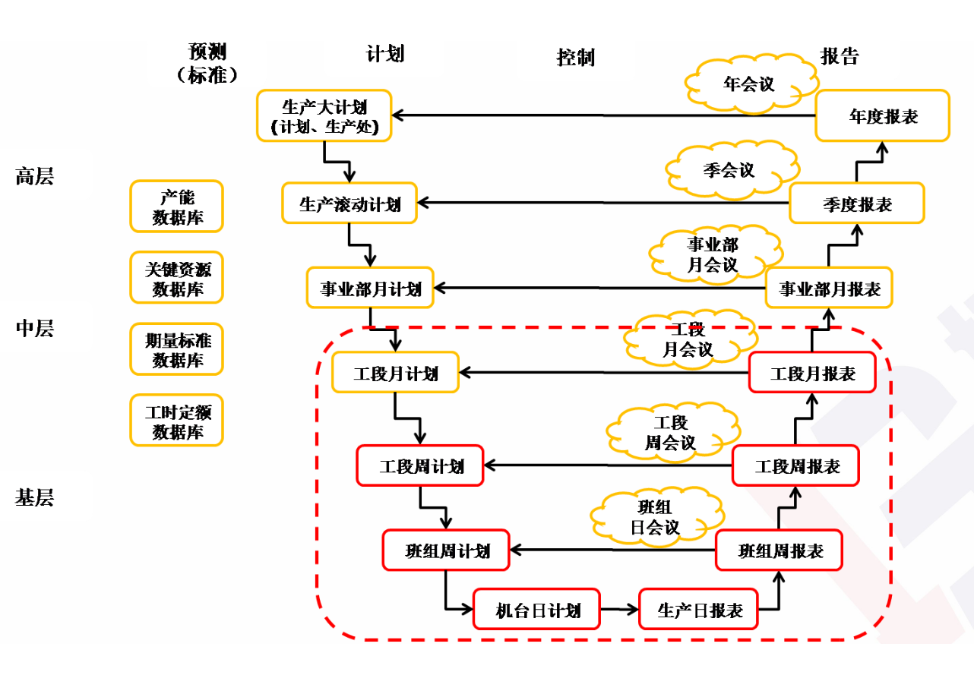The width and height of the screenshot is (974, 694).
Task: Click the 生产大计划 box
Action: pyautogui.click(x=324, y=115)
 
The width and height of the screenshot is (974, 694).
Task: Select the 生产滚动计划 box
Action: pyautogui.click(x=349, y=203)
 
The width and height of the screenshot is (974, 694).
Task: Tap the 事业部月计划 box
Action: pyautogui.click(x=370, y=288)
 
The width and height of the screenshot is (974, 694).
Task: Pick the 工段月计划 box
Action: pyautogui.click(x=395, y=373)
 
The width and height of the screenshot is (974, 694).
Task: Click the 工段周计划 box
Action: pyautogui.click(x=420, y=465)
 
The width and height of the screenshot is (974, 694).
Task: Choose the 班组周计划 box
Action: pyautogui.click(x=446, y=550)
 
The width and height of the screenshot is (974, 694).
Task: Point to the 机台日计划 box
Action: pyautogui.click(x=536, y=609)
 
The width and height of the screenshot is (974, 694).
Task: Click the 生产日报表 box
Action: pyautogui.click(x=698, y=609)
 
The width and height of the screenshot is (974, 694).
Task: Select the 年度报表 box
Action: pyautogui.click(x=882, y=115)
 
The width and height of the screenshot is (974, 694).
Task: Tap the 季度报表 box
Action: pyautogui.click(x=856, y=203)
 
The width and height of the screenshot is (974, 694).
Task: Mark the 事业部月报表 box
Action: pyautogui.click(x=829, y=288)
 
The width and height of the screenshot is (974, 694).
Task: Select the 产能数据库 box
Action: pyautogui.click(x=177, y=207)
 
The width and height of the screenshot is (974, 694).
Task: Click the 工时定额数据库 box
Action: pyautogui.click(x=177, y=421)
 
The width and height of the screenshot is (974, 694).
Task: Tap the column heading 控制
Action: pyautogui.click(x=575, y=58)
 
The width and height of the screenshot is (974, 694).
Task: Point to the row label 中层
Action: pyautogui.click(x=34, y=328)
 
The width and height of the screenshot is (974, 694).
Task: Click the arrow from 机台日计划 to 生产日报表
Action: pyautogui.click(x=618, y=609)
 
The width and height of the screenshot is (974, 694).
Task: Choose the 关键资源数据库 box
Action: pyautogui.click(x=177, y=278)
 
